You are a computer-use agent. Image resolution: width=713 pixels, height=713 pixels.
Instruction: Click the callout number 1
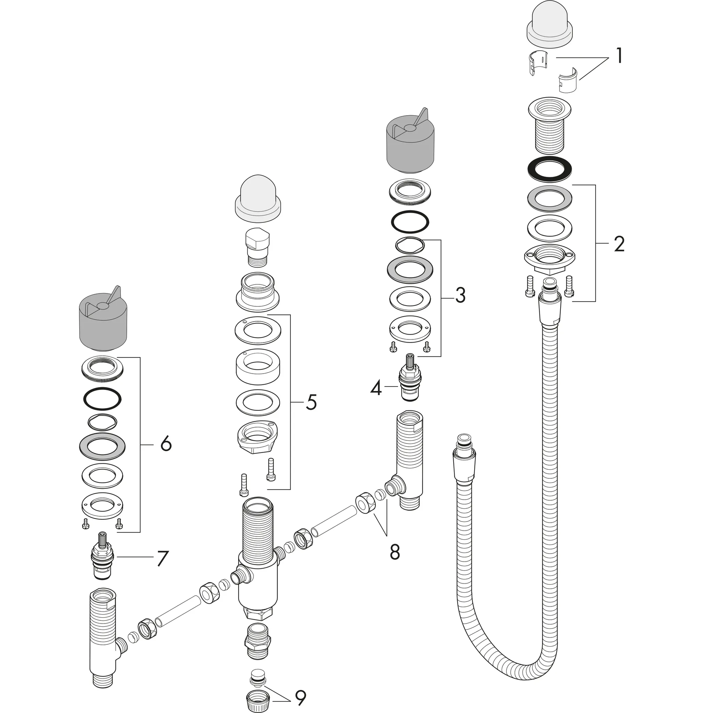pos(619,56)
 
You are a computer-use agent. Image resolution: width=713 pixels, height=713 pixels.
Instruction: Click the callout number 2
pos(619,244)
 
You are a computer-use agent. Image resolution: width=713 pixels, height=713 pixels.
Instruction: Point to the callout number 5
pos(311,402)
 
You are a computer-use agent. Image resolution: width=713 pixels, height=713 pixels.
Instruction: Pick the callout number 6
pos(166,444)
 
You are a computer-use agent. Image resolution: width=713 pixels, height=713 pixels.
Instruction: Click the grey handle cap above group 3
pos(410,144)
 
